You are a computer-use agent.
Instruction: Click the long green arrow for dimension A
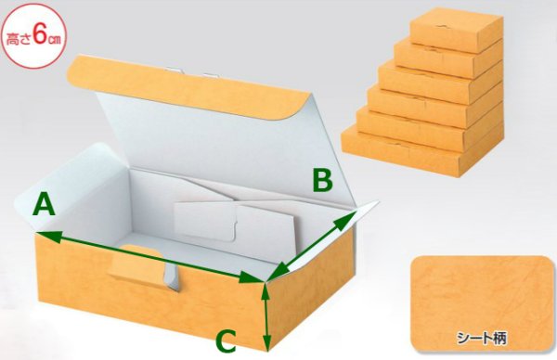[x=149, y=255]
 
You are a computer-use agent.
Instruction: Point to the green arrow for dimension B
[x=316, y=243]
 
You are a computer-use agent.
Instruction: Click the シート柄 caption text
[x=479, y=332]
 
